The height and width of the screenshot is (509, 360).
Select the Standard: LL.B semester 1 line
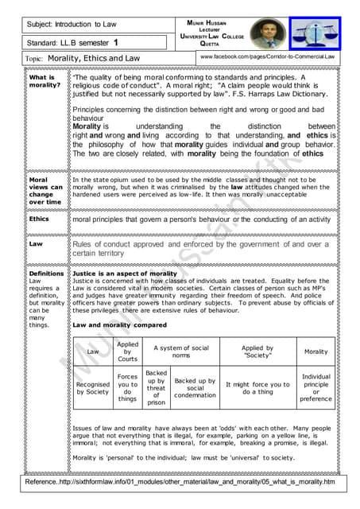click(x=72, y=42)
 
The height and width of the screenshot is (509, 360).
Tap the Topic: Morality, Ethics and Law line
click(x=83, y=59)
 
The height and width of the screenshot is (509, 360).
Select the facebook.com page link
click(x=267, y=58)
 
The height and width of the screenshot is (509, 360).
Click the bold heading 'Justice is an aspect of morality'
click(x=118, y=273)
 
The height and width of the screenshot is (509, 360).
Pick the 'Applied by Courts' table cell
click(x=127, y=350)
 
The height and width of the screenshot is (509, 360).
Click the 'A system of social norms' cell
click(x=180, y=350)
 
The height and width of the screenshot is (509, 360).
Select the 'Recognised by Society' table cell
click(x=93, y=387)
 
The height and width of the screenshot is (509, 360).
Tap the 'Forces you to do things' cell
click(x=127, y=387)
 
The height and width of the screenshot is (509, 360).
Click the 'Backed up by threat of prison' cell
click(x=157, y=387)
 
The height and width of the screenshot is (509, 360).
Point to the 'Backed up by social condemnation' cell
click(x=195, y=387)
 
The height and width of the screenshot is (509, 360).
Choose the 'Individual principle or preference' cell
click(x=315, y=387)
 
